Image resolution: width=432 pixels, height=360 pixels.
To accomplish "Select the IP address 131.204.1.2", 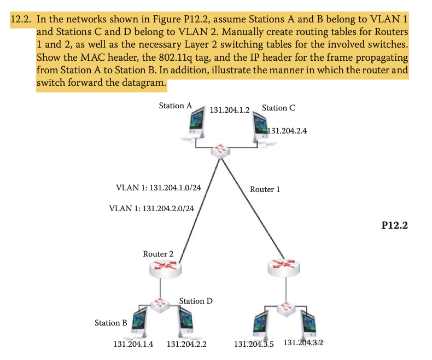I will (x=230, y=109).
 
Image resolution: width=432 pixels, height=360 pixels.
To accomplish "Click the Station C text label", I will (x=278, y=108).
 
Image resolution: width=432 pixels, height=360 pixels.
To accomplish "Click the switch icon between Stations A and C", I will (x=221, y=149).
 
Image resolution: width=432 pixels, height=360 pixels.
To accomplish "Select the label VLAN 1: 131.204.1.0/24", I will (x=159, y=188).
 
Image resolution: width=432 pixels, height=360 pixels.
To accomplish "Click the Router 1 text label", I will (x=265, y=189).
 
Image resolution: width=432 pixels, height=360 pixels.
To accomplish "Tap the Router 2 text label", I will (x=158, y=254).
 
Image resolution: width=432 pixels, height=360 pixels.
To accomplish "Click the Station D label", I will (x=196, y=301).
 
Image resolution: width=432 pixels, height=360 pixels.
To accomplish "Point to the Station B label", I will (x=111, y=323).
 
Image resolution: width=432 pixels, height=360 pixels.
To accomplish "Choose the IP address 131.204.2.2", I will (x=186, y=344).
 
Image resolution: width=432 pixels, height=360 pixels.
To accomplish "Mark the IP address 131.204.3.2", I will (x=303, y=342).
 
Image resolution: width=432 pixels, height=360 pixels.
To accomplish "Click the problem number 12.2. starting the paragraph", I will (x=21, y=19).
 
